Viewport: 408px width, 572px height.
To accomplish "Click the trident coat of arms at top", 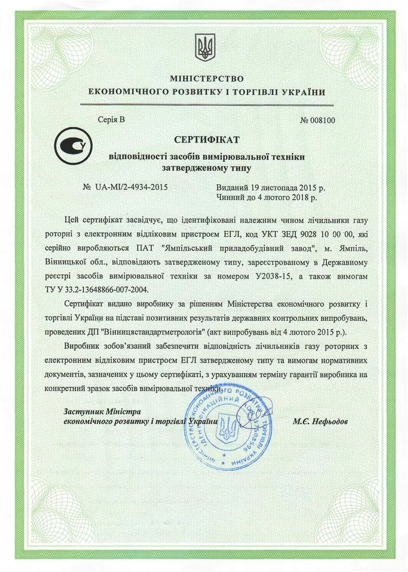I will tap(204, 47).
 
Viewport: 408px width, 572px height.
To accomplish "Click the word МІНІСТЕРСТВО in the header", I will tap(207, 78).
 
